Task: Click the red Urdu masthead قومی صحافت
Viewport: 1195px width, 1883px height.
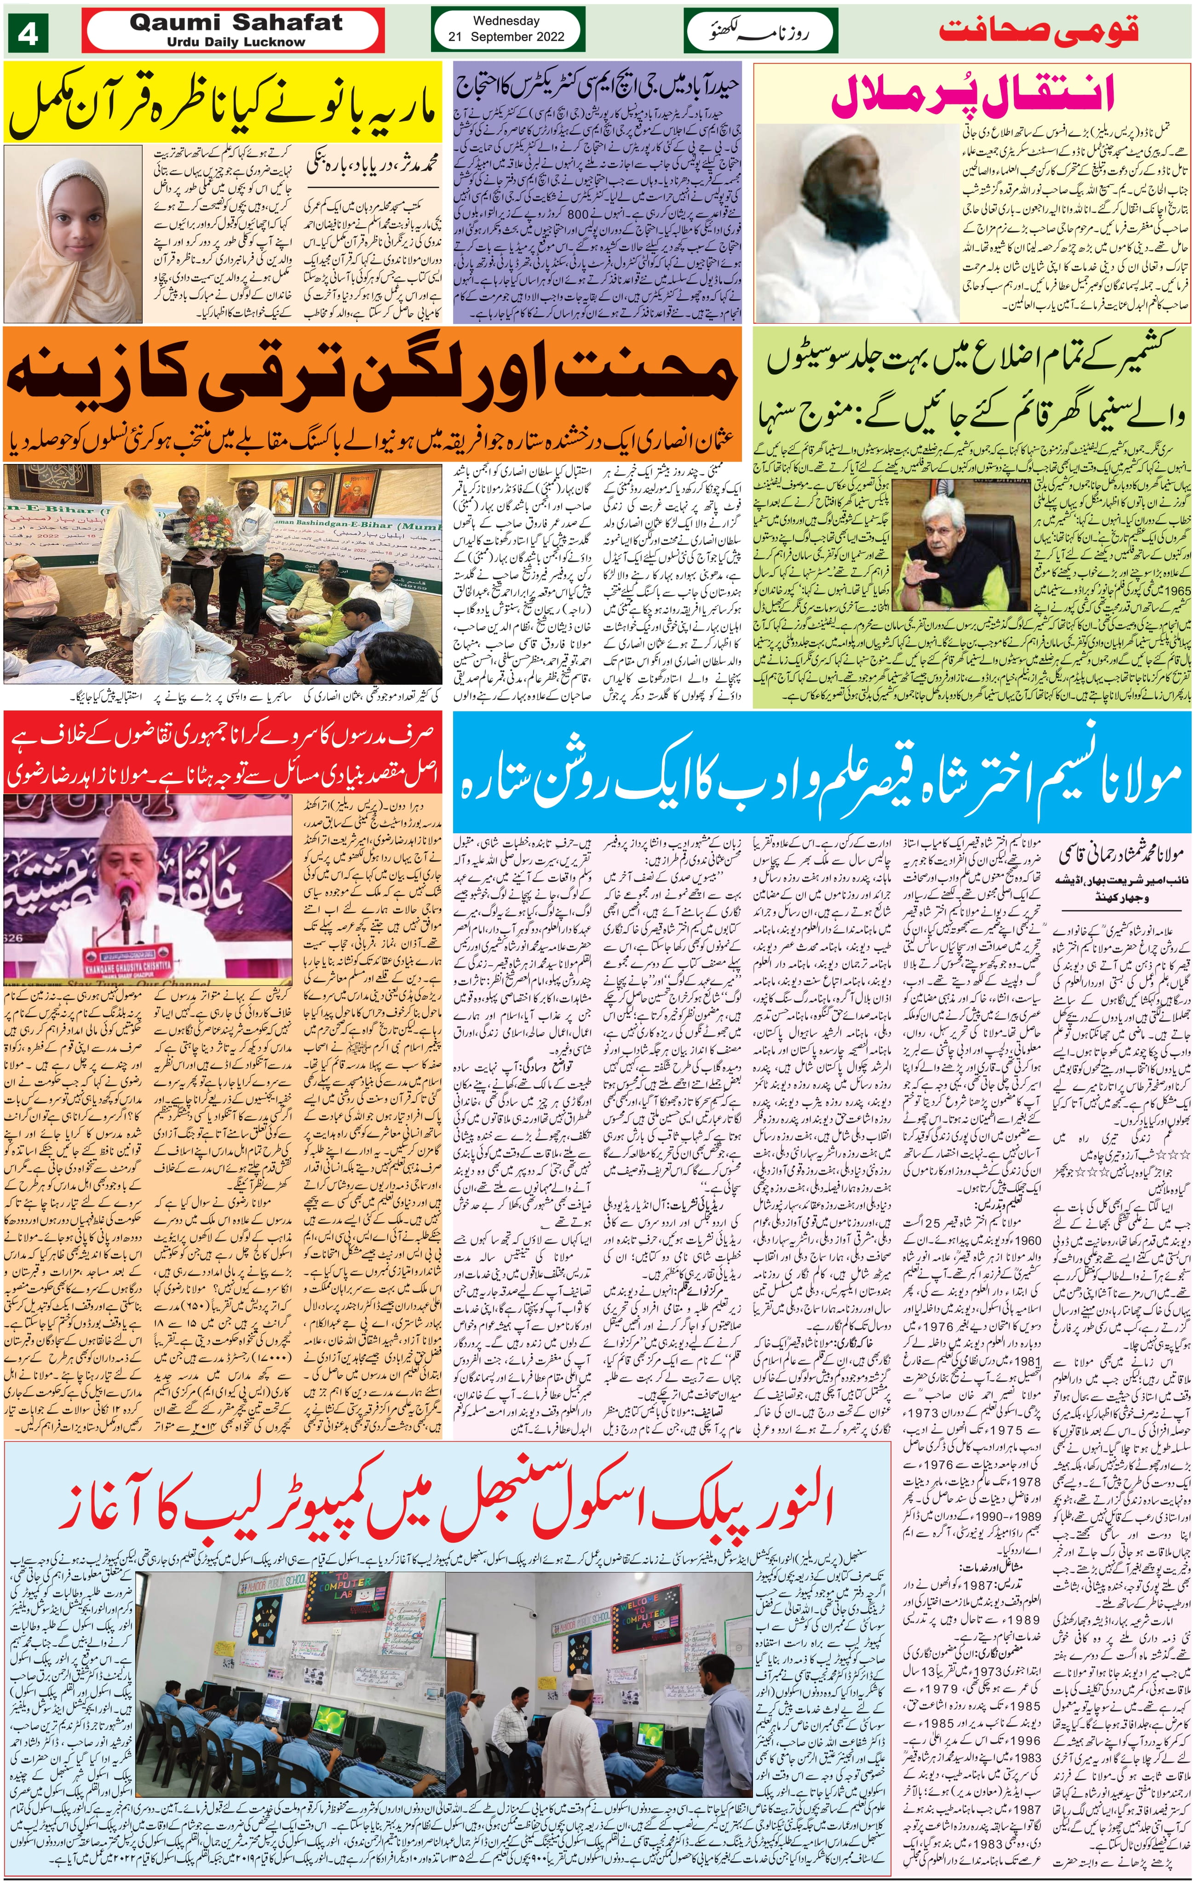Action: pyautogui.click(x=1038, y=31)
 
